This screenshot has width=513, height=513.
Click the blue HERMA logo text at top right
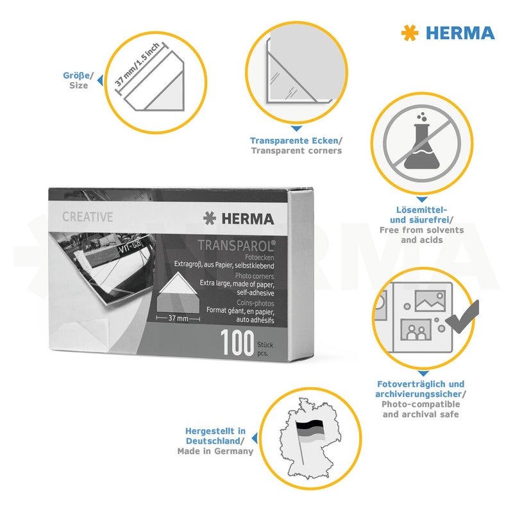click(460, 33)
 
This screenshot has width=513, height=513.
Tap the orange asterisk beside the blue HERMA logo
click(410, 33)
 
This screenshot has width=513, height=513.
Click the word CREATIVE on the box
click(88, 217)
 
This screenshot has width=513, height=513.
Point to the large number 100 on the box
click(237, 342)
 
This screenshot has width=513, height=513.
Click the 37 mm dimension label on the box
click(178, 318)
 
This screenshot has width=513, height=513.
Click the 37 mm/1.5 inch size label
click(137, 64)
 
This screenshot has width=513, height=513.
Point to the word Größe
click(76, 76)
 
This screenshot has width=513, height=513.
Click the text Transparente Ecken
click(294, 140)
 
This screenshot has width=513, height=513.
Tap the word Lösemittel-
click(422, 210)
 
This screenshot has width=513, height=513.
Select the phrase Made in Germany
click(215, 451)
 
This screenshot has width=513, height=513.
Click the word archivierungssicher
click(419, 394)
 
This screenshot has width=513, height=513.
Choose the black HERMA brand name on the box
click(248, 219)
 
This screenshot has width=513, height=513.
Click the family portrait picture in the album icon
click(416, 330)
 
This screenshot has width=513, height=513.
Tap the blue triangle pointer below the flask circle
click(422, 199)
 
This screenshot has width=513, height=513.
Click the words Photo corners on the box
click(255, 276)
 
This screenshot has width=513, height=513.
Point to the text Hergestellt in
click(215, 431)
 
